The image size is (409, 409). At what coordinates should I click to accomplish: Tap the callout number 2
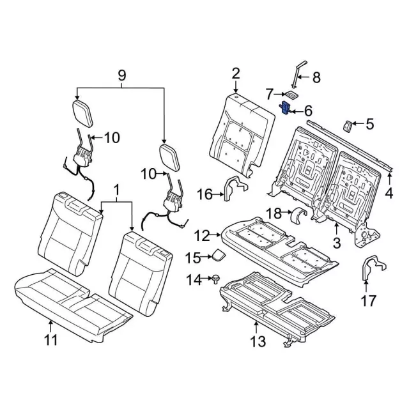point(236,73)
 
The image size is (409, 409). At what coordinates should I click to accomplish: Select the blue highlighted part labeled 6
point(286,109)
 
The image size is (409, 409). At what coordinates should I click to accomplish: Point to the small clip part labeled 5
point(349,124)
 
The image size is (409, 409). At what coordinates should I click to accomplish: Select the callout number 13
point(257,341)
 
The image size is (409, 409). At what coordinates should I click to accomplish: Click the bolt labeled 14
point(217,279)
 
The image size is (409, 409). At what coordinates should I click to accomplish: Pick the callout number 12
point(201,236)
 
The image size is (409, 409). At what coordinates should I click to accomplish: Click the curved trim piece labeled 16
point(235,190)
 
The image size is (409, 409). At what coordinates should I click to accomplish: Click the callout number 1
point(116,189)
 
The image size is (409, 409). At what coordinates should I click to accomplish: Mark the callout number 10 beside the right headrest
point(148,173)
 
